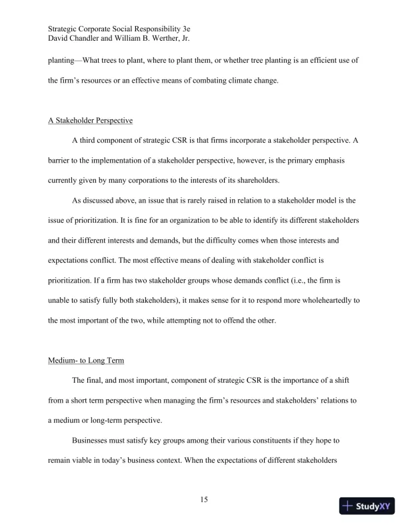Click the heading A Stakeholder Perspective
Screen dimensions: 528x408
(x=90, y=121)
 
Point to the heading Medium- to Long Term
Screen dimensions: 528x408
(x=85, y=361)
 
